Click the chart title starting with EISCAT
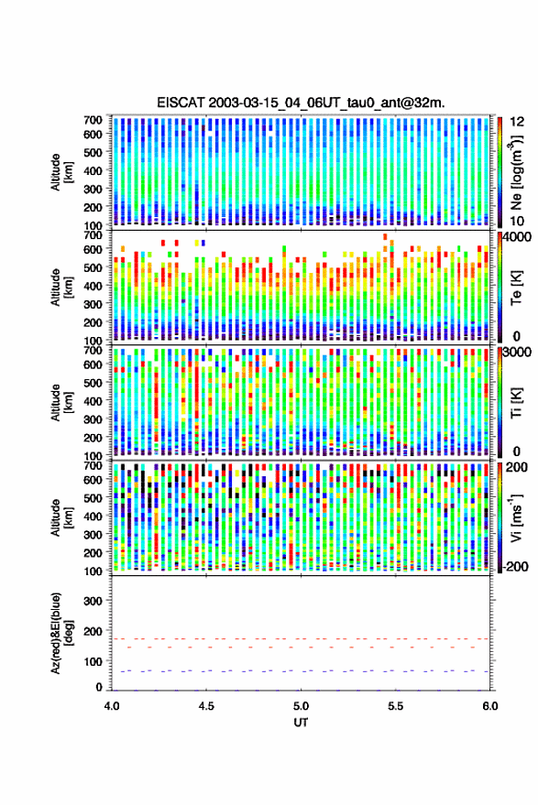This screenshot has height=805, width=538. click(301, 103)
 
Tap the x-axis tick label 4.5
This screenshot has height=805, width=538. click(206, 706)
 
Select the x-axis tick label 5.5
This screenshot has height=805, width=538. click(395, 706)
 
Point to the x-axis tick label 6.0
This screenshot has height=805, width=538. click(489, 706)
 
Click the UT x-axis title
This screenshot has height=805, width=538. click(301, 723)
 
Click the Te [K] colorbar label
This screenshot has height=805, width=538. click(516, 288)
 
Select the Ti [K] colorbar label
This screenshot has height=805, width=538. click(516, 403)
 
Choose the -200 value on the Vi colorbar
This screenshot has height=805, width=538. click(515, 566)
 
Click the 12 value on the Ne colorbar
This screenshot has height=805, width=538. click(518, 122)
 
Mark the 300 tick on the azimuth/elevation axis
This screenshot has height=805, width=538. click(93, 601)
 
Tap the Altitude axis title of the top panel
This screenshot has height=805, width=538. click(61, 172)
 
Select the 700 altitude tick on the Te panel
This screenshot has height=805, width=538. click(93, 235)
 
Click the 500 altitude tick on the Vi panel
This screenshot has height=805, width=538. click(93, 497)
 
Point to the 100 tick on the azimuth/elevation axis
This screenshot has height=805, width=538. click(93, 661)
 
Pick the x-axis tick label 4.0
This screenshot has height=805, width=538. click(112, 706)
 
